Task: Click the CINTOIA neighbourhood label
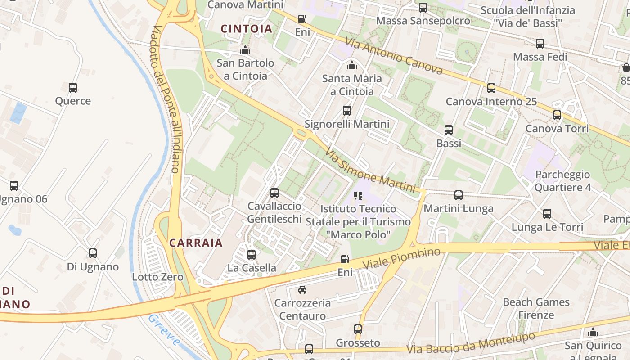pos(247,29)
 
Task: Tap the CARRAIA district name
pos(196,243)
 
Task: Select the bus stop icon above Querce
pos(73,88)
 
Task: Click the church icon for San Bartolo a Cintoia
pos(245,50)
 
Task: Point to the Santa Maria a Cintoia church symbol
pos(352,66)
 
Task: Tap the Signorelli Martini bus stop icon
pos(346,111)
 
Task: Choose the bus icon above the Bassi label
pos(449,130)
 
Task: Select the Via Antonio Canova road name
pos(394,56)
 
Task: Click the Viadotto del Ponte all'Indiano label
pos(166,99)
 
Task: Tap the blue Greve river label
pos(164,330)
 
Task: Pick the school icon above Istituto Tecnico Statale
pos(358,196)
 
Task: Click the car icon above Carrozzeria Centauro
pos(302,289)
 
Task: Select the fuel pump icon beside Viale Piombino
pos(345,259)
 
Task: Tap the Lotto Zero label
pos(157,277)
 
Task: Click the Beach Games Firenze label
pos(536,308)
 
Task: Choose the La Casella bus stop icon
pos(252,255)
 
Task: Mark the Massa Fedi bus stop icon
pos(540,44)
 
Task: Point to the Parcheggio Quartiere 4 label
pos(562,181)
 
